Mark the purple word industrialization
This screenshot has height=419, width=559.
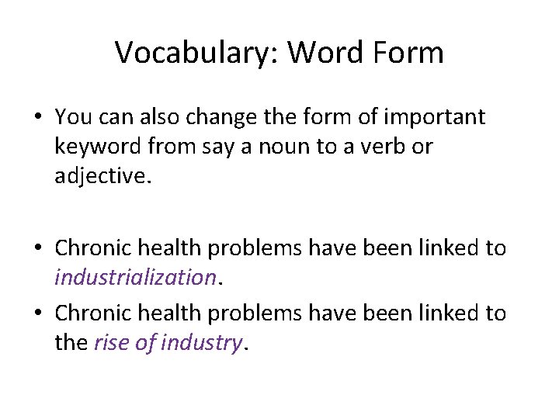coord(134,278)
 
